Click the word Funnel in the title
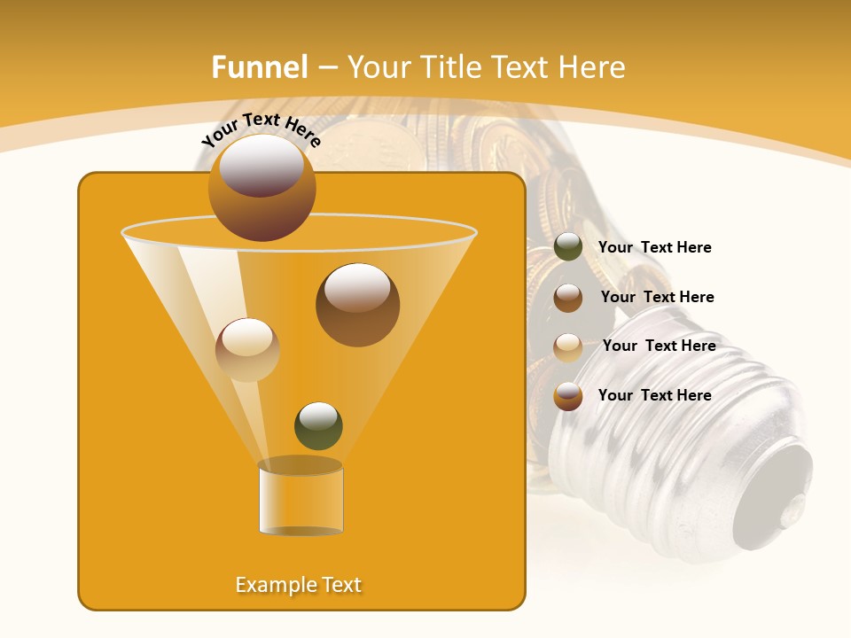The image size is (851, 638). pyautogui.click(x=259, y=67)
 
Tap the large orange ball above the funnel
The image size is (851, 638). pyautogui.click(x=262, y=187)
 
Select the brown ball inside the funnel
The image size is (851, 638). pyautogui.click(x=357, y=305)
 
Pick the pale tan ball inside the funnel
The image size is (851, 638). pyautogui.click(x=247, y=349)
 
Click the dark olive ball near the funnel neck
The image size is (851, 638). pyautogui.click(x=318, y=425)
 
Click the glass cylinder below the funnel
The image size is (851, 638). pyautogui.click(x=301, y=498)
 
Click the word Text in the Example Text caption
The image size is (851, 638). pyautogui.click(x=341, y=585)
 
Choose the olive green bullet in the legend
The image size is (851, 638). pyautogui.click(x=568, y=247)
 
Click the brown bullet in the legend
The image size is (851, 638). pyautogui.click(x=568, y=298)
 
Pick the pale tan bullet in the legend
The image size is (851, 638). pyautogui.click(x=568, y=347)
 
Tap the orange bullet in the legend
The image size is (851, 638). pyautogui.click(x=568, y=396)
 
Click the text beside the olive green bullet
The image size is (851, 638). pyautogui.click(x=654, y=247)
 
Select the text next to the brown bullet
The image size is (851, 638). pyautogui.click(x=657, y=297)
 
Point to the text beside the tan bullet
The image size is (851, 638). pyautogui.click(x=659, y=346)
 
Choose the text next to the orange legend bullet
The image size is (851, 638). pyautogui.click(x=654, y=395)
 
